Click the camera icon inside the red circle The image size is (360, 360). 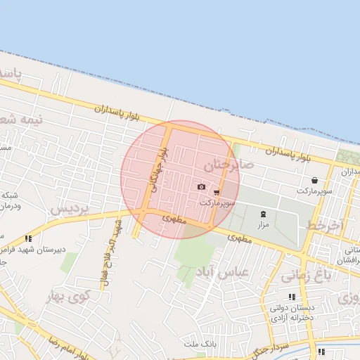(x=202, y=186)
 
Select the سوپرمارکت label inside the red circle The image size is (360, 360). (x=216, y=202)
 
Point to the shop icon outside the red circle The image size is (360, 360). (x=314, y=180)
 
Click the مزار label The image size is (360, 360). (x=263, y=224)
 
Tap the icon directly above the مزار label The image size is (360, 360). (x=263, y=214)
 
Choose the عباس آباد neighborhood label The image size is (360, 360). (x=224, y=272)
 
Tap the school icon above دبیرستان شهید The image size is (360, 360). (x=28, y=238)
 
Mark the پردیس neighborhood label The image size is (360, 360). (x=70, y=209)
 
